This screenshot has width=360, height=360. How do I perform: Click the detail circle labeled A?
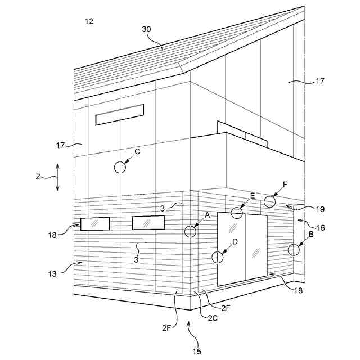191,231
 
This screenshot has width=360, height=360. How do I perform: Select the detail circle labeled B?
293,249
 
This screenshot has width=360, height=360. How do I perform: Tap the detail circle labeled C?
120,167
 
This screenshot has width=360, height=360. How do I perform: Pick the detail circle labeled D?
217,257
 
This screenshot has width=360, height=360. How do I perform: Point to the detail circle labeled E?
237,213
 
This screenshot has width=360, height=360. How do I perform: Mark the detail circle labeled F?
270,201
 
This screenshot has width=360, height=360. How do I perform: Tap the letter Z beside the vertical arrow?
38,177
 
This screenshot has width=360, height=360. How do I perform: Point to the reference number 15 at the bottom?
197,352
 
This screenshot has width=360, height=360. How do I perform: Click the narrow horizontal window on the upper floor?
119,114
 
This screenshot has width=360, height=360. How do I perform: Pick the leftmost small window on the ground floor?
95,224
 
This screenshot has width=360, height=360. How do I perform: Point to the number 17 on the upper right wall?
319,82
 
